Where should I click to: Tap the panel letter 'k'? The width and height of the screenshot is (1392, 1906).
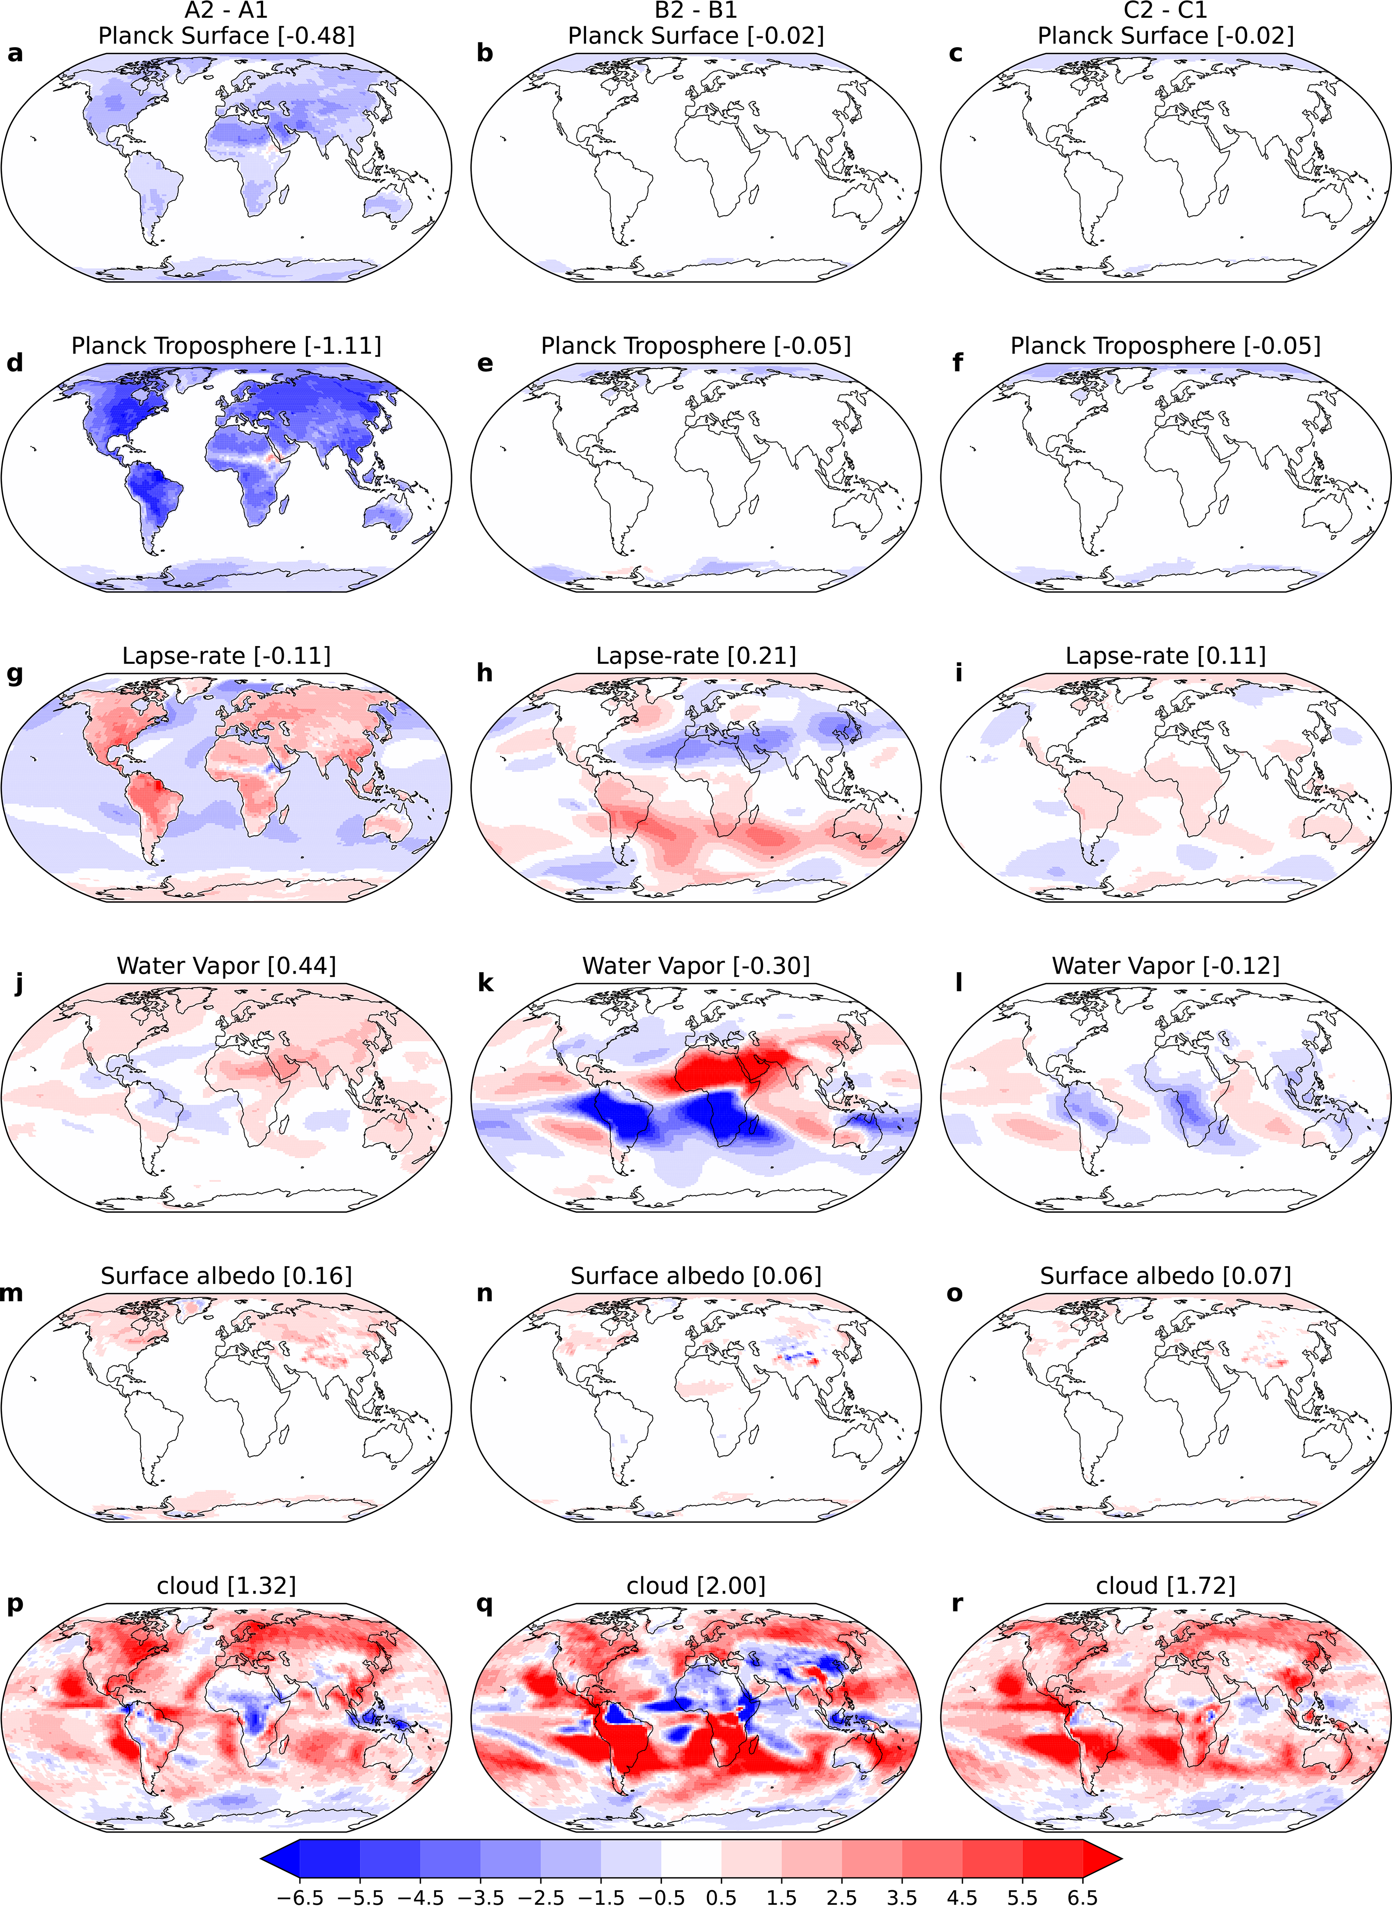click(x=485, y=983)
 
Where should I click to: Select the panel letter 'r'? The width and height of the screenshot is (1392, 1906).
click(x=956, y=1603)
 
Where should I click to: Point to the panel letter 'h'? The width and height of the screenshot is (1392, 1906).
click(x=484, y=673)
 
